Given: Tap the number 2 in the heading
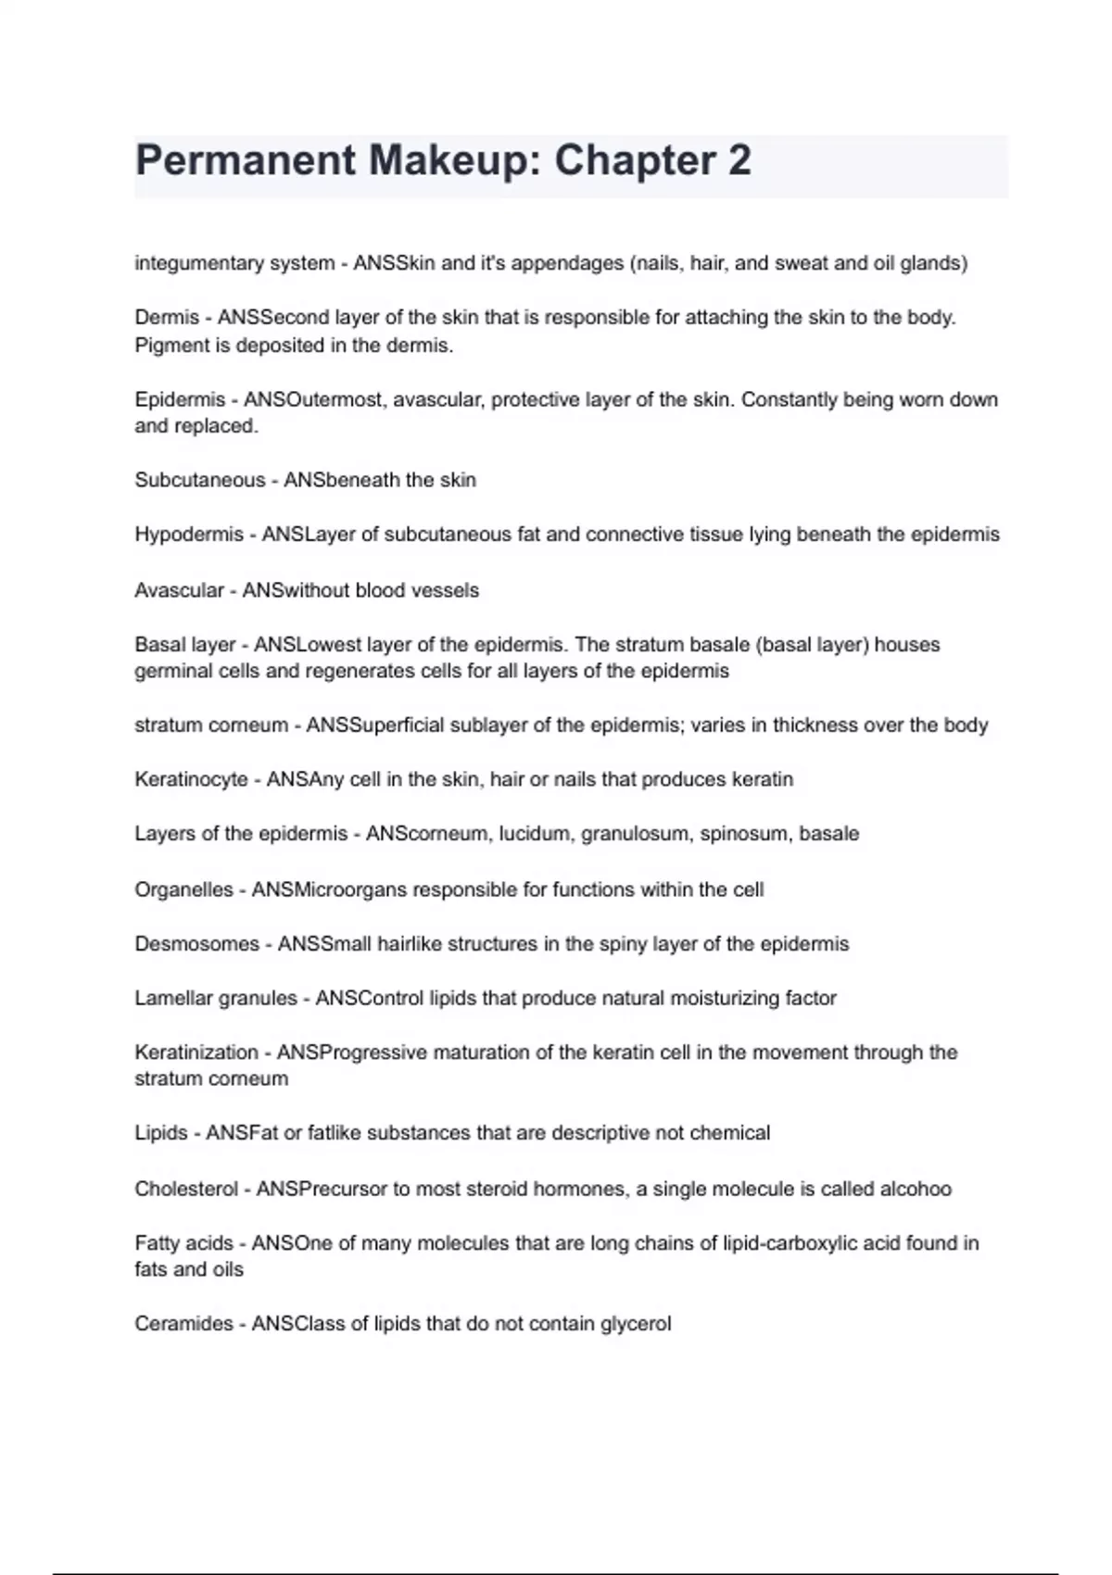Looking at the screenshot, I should tap(739, 160).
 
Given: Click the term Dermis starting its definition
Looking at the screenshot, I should tap(167, 317).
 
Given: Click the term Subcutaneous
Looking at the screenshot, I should tap(199, 480).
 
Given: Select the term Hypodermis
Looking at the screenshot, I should tap(189, 535).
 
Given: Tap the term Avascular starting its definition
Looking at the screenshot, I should tap(179, 590).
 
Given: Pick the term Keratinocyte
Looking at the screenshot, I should tap(191, 779).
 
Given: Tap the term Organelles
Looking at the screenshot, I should tap(183, 889).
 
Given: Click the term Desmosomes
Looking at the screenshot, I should tap(196, 944).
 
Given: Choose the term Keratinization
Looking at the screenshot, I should tap(196, 1052).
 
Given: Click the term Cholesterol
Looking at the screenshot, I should tap(186, 1189).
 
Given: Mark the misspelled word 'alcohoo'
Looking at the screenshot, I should tap(915, 1189).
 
